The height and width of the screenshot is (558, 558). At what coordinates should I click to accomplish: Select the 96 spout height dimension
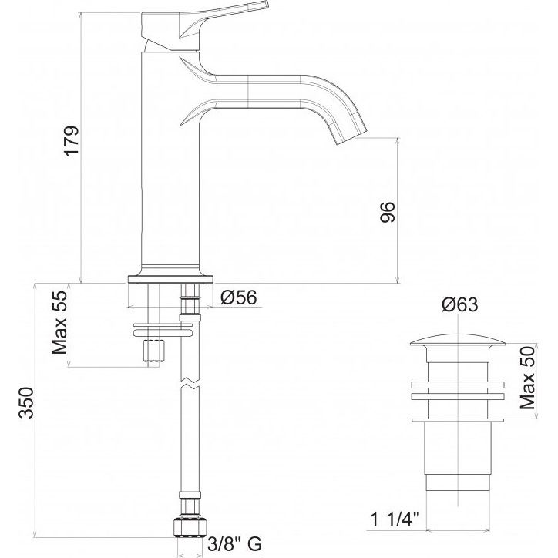click(x=388, y=212)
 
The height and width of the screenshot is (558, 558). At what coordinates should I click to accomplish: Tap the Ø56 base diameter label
click(x=238, y=297)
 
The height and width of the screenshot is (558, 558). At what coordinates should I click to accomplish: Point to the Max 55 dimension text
click(x=60, y=322)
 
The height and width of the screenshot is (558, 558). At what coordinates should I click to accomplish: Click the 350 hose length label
click(x=27, y=402)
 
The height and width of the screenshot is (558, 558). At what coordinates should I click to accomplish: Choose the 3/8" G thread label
click(x=235, y=544)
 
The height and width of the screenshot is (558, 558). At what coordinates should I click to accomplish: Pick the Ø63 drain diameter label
click(x=460, y=305)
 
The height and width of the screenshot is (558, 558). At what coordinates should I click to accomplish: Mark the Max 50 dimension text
click(x=527, y=378)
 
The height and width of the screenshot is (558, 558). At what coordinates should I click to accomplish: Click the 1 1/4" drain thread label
click(x=395, y=520)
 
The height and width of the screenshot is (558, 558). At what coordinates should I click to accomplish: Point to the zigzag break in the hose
click(x=190, y=382)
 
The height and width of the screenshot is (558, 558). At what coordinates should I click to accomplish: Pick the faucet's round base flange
click(x=170, y=279)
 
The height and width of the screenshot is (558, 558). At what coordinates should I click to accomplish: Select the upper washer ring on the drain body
click(x=458, y=385)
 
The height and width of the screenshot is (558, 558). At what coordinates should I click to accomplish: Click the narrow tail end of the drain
click(x=458, y=482)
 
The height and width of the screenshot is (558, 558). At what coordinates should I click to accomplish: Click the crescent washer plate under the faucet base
click(x=163, y=329)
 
